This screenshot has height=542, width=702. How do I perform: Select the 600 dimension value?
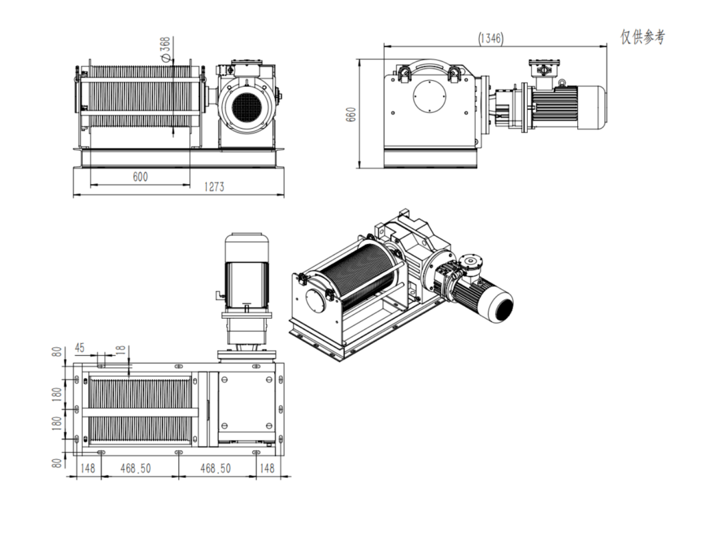point(140,177)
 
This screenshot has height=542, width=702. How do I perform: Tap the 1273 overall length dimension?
point(213,187)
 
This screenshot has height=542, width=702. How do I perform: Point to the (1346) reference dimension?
point(491,39)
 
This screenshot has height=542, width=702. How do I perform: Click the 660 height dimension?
point(352,114)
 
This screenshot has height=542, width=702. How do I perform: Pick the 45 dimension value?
point(80,348)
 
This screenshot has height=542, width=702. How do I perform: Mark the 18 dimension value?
point(121,349)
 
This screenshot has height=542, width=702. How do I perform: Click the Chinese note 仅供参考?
point(642,37)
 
